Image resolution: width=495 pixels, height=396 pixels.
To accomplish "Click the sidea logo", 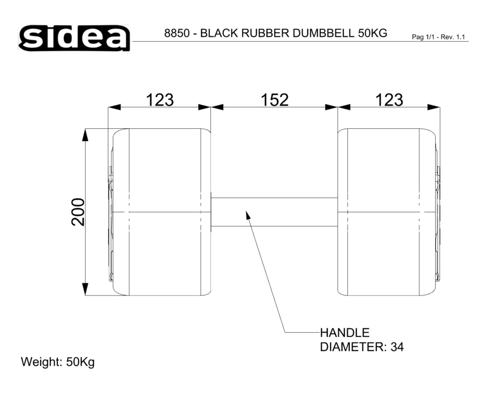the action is pyautogui.click(x=74, y=38).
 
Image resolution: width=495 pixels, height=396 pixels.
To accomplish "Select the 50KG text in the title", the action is pyautogui.click(x=373, y=33).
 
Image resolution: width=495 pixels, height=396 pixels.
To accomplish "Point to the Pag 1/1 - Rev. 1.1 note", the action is pyautogui.click(x=439, y=37).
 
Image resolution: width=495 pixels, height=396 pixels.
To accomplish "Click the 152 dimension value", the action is pyautogui.click(x=274, y=100).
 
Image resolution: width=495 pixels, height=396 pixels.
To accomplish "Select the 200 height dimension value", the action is pyautogui.click(x=78, y=212).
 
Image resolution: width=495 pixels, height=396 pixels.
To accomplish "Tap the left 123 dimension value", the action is pyautogui.click(x=160, y=100).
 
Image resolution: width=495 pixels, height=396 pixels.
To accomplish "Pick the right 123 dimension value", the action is pyautogui.click(x=389, y=100).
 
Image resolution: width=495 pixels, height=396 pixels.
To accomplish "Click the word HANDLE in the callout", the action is pyautogui.click(x=345, y=333).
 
